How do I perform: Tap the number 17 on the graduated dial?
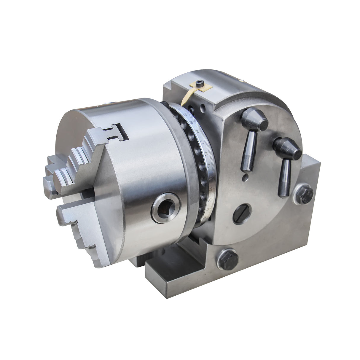pyautogui.click(x=200, y=143)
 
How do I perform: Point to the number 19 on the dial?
pyautogui.click(x=191, y=122)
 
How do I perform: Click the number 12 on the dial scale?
pyautogui.click(x=210, y=200)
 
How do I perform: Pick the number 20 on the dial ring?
pyautogui.click(x=185, y=114)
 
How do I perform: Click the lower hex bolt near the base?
pyautogui.click(x=229, y=261)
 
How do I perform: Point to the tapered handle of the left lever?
pyautogui.click(x=248, y=151)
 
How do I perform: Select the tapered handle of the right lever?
pyautogui.click(x=284, y=178)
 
